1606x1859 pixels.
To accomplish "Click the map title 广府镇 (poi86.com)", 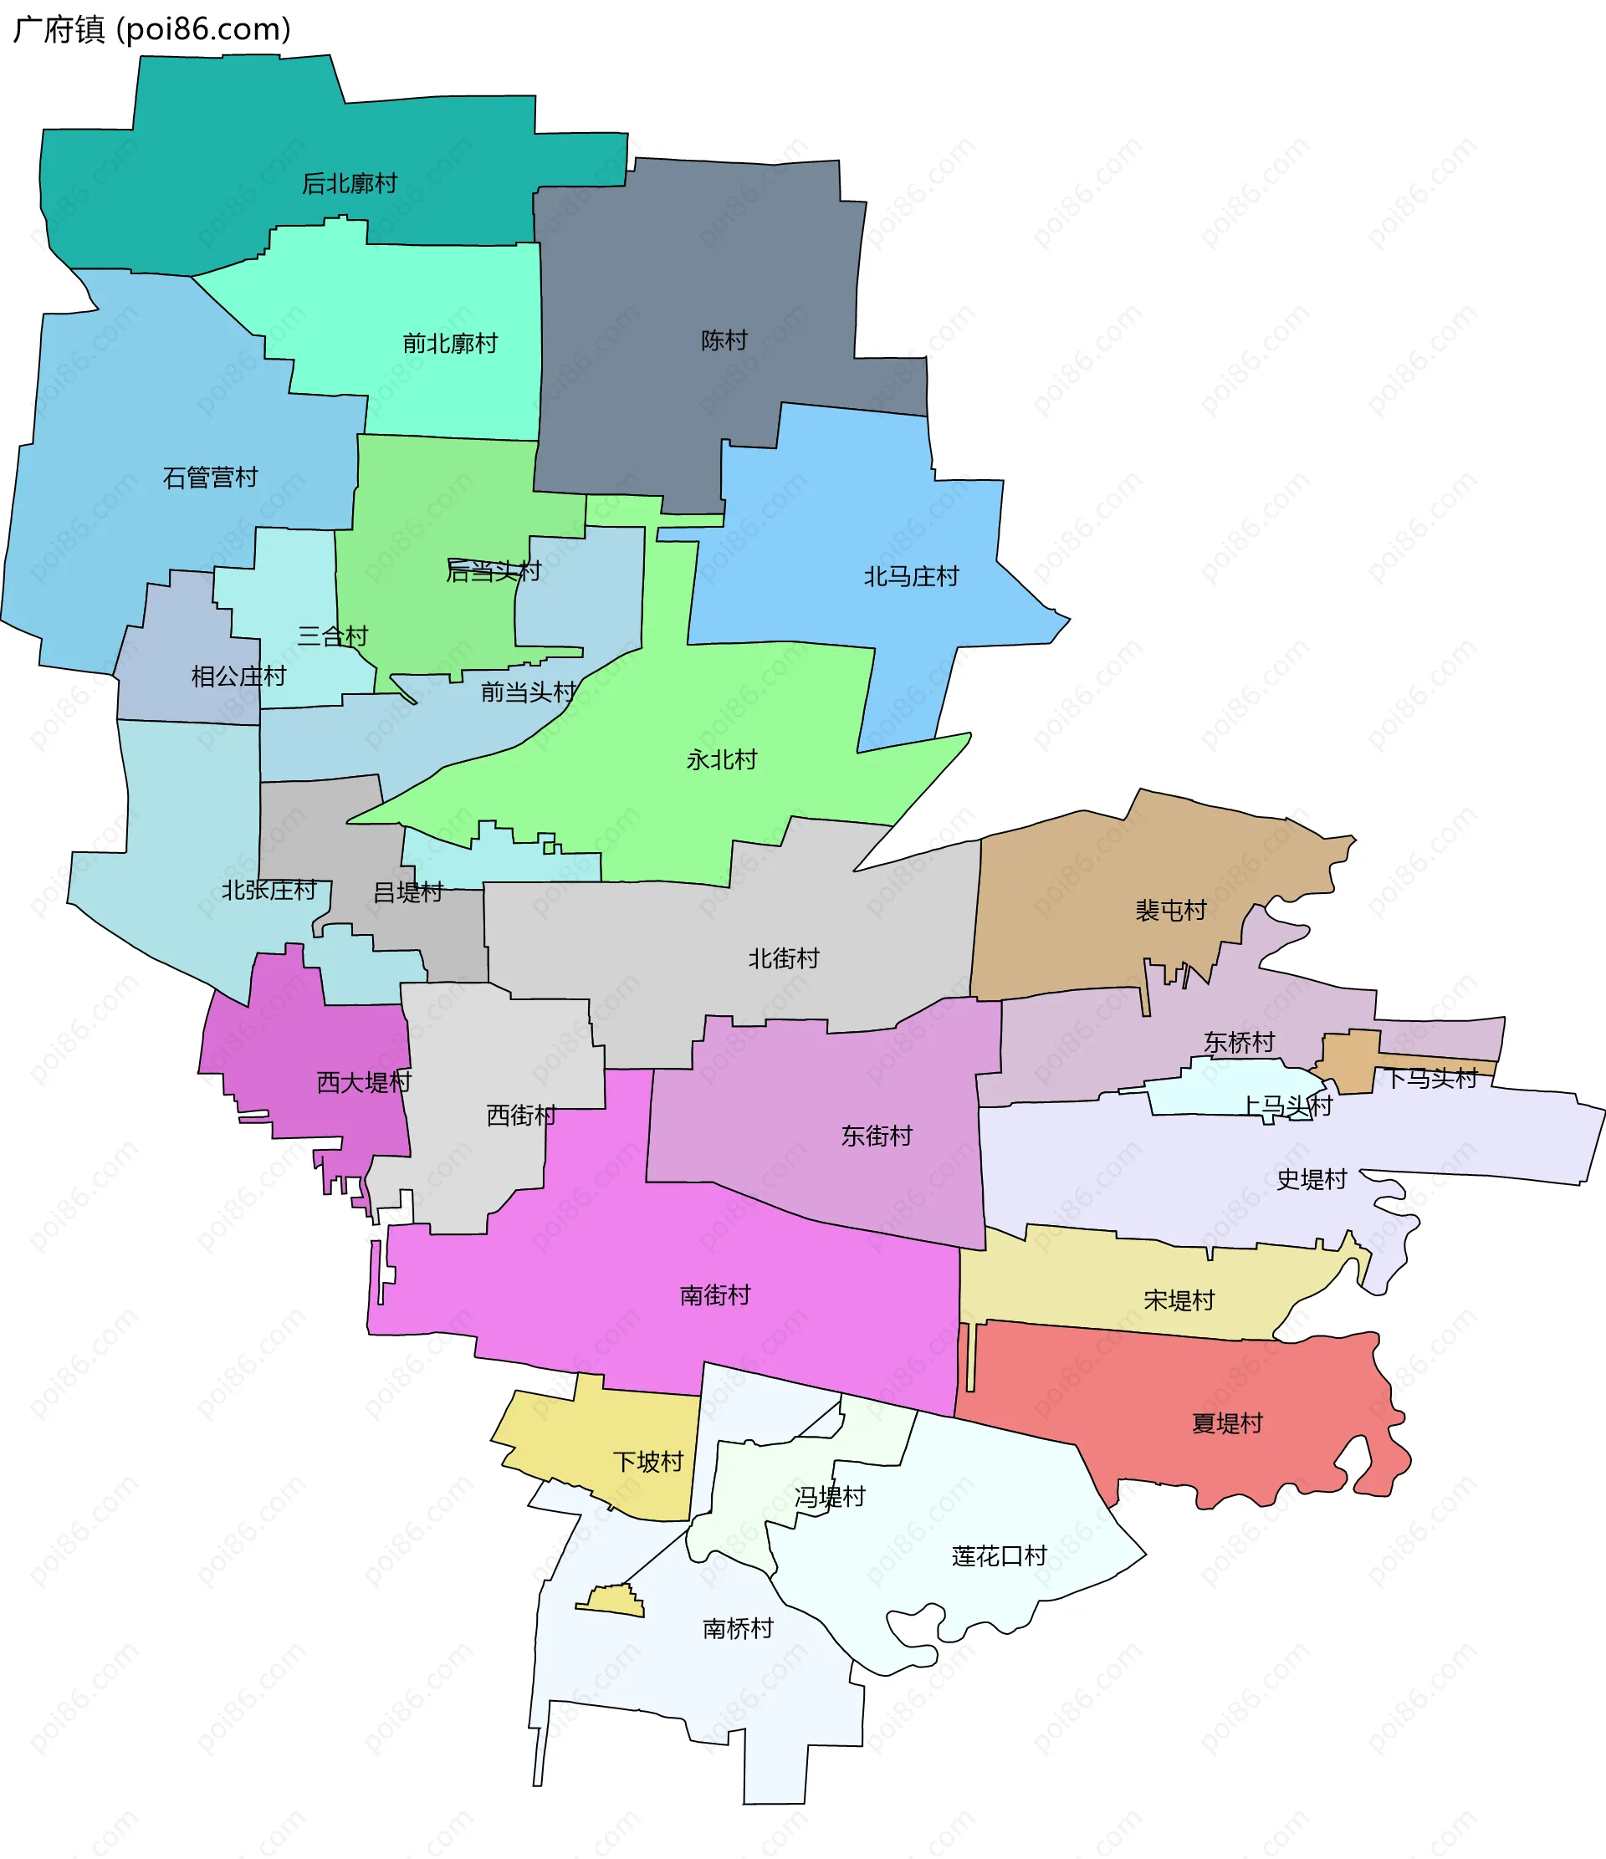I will point(151,29).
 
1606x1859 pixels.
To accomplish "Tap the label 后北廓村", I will point(349,184).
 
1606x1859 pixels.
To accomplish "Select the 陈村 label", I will point(724,341).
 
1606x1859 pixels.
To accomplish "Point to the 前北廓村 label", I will point(449,344).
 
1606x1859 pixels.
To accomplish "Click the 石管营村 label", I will point(210,478).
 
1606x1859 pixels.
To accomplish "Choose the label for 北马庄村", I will point(911,577).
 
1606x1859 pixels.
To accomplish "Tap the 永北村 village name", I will point(721,760).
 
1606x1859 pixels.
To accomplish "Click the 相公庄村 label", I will point(238,677).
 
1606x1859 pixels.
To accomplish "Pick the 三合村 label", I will point(333,636).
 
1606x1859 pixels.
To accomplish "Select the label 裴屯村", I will point(1170,911).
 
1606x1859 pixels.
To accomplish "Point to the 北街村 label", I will point(783,958).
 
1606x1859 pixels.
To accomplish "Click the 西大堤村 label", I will point(363,1083).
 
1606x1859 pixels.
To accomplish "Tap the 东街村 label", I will point(876,1136).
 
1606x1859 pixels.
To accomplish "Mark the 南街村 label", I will point(714,1295).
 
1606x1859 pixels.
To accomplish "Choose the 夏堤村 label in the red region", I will point(1226,1423).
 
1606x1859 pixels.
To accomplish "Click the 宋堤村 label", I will point(1178,1300).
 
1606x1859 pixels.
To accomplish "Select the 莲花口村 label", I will point(999,1555).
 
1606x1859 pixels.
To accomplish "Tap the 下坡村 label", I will point(647,1462).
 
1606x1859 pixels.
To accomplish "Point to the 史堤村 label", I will point(1311,1179).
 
